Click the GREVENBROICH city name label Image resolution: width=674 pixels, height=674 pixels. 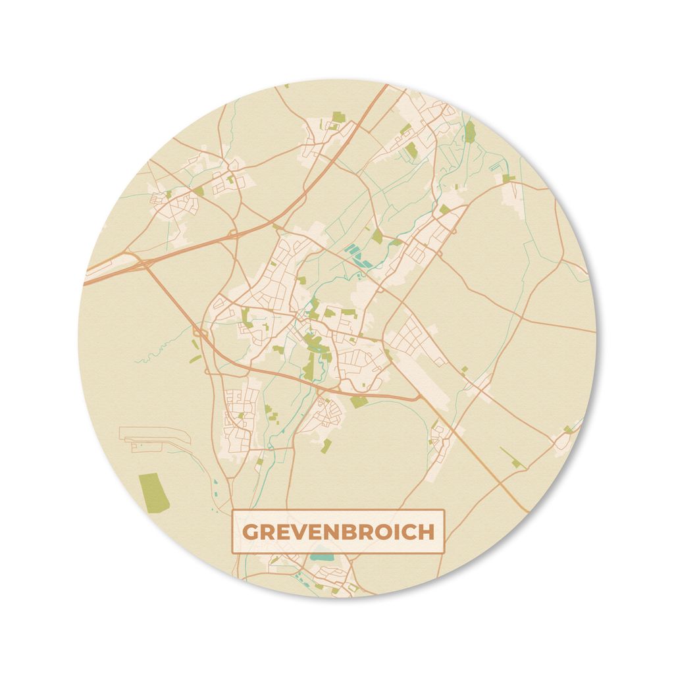338,531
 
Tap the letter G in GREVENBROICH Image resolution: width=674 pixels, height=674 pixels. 251,532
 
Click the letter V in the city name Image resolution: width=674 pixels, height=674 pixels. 297,532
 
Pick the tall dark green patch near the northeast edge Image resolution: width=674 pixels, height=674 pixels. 469,132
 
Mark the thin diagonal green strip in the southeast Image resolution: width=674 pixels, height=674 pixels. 509,457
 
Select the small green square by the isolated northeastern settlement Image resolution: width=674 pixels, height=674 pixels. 507,178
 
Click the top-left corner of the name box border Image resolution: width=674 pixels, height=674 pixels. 232,511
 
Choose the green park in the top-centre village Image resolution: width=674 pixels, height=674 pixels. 338,117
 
